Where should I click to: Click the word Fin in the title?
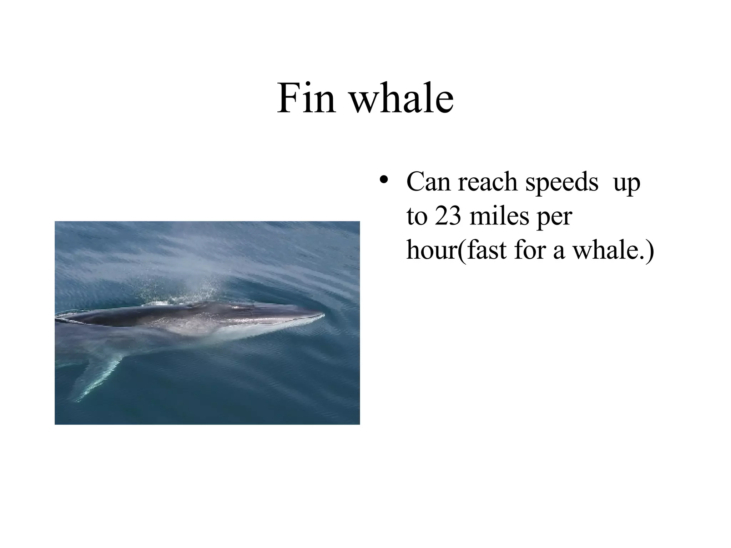tap(306, 98)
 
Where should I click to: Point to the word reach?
tap(487, 182)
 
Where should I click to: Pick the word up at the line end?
tap(627, 184)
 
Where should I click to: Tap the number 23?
tap(448, 216)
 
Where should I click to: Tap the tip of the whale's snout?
tap(322, 315)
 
